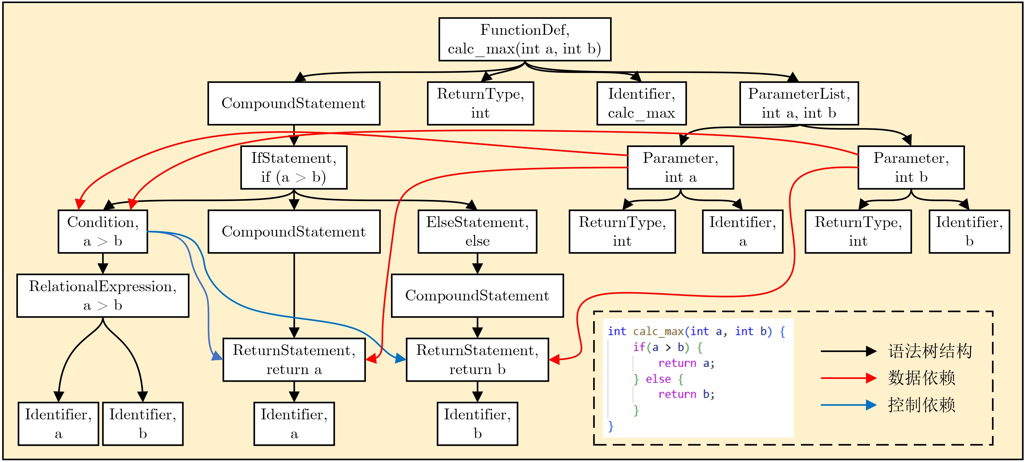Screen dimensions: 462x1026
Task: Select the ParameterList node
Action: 799,103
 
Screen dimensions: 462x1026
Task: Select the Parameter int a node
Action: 680,167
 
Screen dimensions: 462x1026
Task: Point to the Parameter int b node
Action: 911,167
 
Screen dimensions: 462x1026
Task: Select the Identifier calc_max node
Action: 641,103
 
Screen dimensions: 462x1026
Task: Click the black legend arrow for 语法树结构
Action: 848,351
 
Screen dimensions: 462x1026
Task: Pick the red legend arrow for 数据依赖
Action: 848,378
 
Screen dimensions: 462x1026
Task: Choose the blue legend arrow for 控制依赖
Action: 848,405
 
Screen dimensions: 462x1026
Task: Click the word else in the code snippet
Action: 658,379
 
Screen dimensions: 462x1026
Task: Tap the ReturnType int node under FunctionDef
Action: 480,103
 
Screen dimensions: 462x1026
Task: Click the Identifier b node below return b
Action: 477,424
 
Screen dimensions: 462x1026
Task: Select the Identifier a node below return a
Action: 294,424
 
